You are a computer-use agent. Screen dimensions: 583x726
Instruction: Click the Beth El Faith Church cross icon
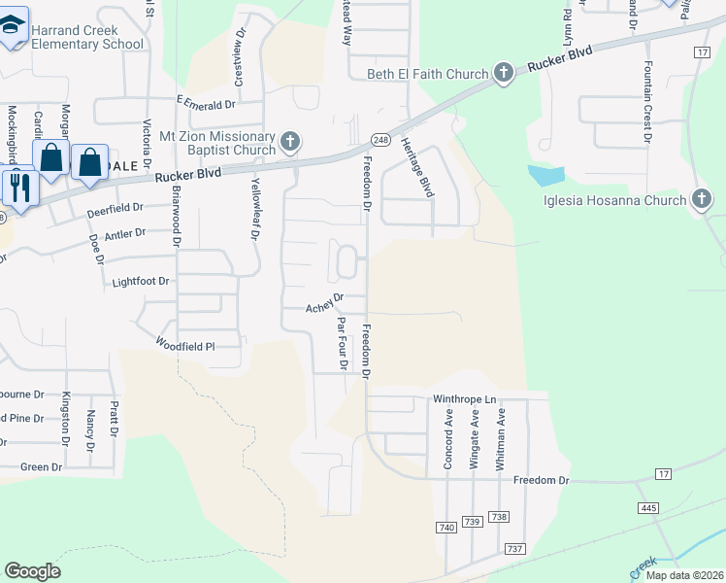(503, 73)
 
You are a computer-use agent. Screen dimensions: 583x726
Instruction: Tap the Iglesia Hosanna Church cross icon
(701, 201)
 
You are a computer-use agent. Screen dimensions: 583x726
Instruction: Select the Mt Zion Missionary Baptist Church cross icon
(289, 144)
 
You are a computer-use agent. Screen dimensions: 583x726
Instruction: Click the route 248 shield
(379, 139)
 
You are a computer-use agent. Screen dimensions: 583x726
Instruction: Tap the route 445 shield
(649, 508)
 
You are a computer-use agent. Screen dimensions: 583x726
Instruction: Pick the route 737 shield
(514, 549)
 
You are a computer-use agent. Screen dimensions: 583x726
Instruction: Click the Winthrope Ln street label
(464, 399)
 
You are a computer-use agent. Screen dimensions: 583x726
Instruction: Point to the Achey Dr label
(325, 304)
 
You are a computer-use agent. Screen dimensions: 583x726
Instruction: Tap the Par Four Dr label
(342, 343)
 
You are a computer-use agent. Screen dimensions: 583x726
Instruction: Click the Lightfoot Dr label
(141, 282)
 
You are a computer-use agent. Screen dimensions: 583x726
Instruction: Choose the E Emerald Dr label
(207, 103)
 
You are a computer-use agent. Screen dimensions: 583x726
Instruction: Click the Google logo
(32, 571)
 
